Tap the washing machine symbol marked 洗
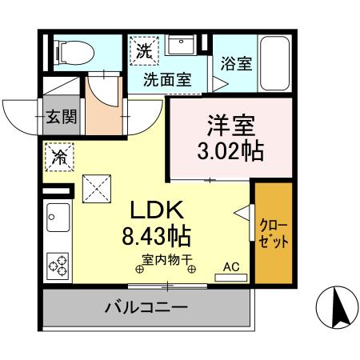[x=144, y=50]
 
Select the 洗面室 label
[x=167, y=80]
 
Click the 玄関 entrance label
[x=61, y=117]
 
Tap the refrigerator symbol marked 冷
[x=59, y=156]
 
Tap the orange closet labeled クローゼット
[x=273, y=232]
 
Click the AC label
[x=230, y=266]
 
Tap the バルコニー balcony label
[x=146, y=307]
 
